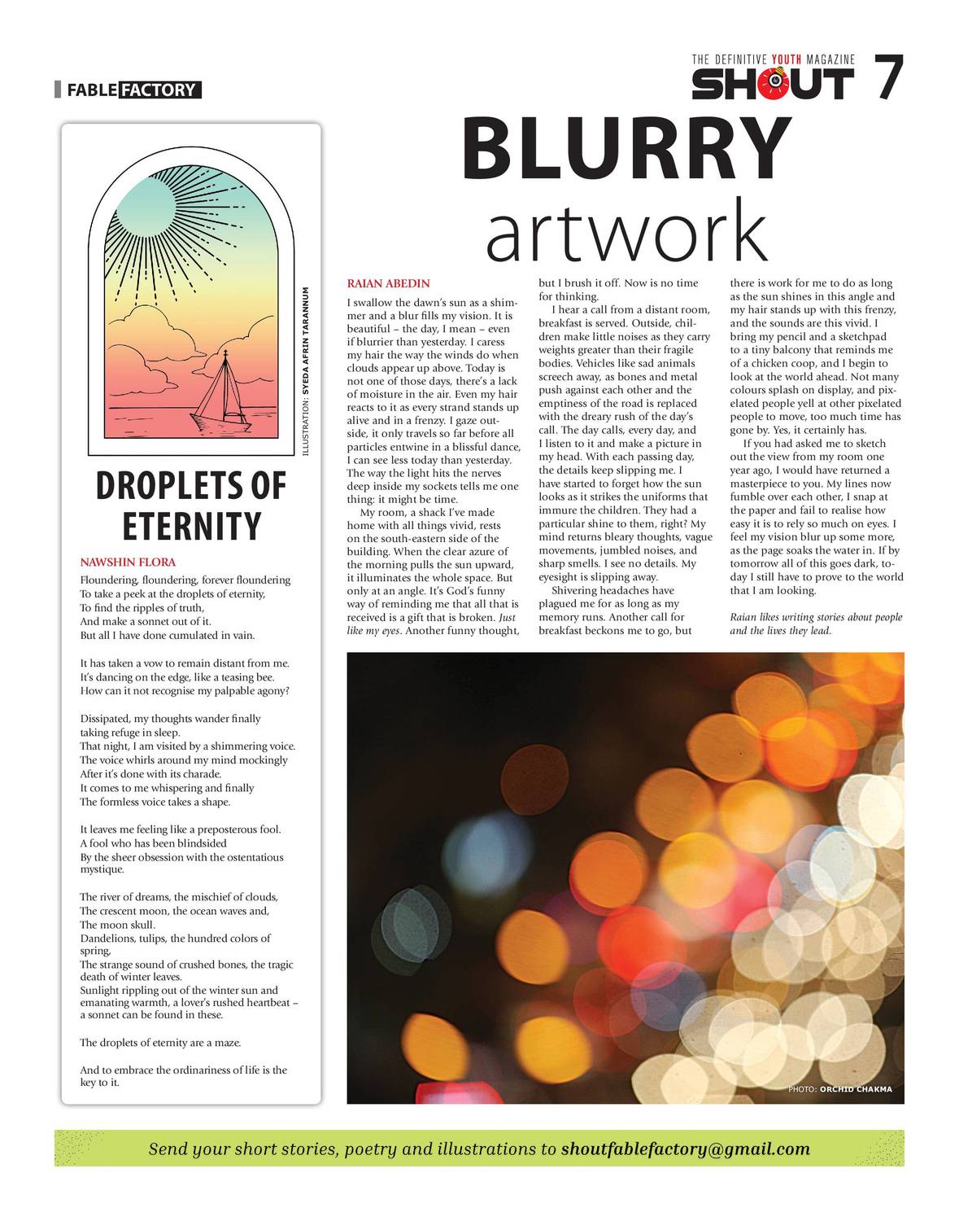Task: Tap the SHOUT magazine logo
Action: [x=772, y=83]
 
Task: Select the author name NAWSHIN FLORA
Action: [x=128, y=562]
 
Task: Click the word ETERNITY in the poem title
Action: [x=191, y=526]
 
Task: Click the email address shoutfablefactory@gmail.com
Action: [x=686, y=1149]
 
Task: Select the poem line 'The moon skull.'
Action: [x=117, y=925]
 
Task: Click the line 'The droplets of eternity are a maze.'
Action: [x=160, y=1043]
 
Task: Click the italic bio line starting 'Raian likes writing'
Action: [x=815, y=618]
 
